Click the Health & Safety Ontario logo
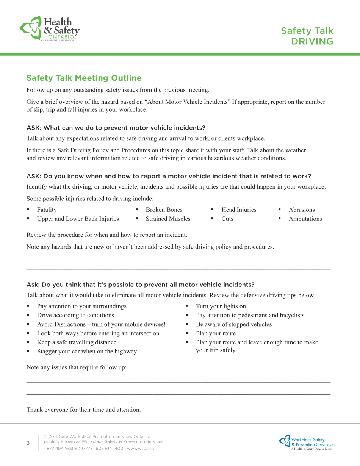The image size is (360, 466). tap(49, 28)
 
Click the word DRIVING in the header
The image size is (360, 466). tap(312, 41)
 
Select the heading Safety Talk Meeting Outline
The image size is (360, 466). tap(84, 78)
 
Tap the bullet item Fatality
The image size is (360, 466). tap(47, 210)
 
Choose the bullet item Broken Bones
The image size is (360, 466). tap(164, 210)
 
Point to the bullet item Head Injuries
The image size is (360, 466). tap(239, 210)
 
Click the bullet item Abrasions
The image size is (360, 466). tap(302, 210)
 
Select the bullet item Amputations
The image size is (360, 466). tap(305, 219)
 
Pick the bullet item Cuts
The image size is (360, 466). tap(227, 219)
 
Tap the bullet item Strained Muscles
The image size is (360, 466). tap(168, 219)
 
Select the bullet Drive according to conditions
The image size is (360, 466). tap(75, 315)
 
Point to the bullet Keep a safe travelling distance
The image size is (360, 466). tap(77, 342)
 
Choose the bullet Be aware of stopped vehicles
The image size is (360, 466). tap(234, 324)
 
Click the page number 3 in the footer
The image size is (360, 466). tap(28, 444)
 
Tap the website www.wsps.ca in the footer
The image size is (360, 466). tap(140, 449)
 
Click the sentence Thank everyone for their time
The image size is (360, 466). tap(83, 410)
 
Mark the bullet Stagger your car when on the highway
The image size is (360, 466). tap(87, 352)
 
